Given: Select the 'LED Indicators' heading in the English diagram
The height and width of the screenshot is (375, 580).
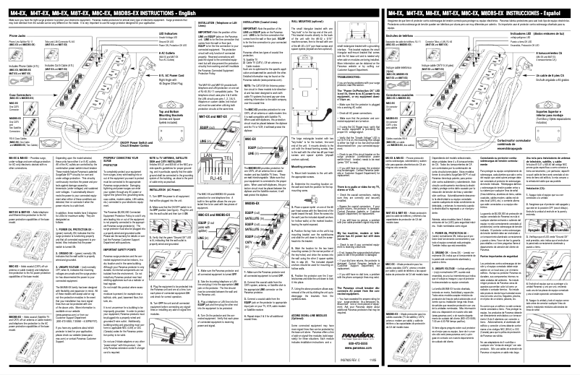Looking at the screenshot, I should (x=166, y=34).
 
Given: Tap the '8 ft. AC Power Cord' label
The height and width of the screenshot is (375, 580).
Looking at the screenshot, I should (x=171, y=74).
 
